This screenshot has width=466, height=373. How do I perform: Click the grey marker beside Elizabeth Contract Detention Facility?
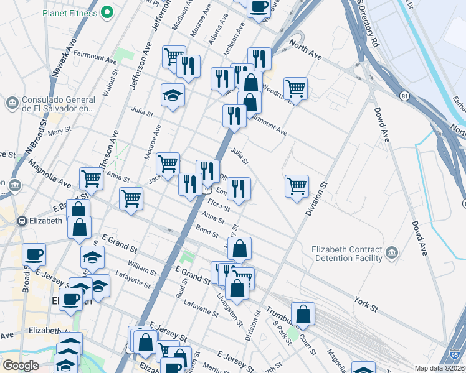(392, 251)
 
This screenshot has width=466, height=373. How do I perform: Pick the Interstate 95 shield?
(456, 354)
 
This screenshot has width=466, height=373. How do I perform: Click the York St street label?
(366, 304)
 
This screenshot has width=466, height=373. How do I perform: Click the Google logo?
(21, 366)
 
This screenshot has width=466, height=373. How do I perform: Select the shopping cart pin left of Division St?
(297, 185)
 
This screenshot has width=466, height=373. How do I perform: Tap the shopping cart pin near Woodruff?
(295, 88)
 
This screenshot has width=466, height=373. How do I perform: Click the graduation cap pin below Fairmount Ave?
(173, 95)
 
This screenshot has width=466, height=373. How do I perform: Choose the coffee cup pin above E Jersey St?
(34, 254)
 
